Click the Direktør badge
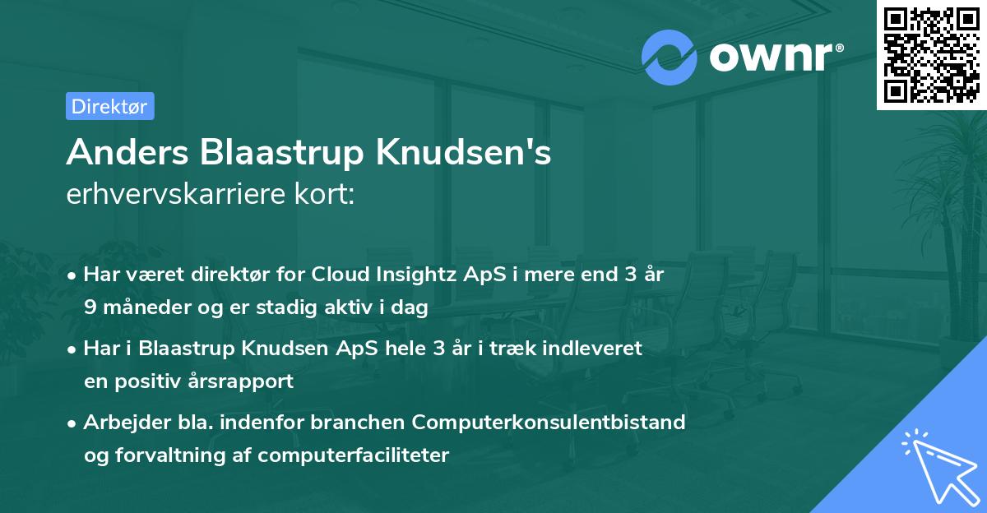click(109, 106)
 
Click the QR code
click(931, 54)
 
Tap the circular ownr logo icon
click(670, 57)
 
